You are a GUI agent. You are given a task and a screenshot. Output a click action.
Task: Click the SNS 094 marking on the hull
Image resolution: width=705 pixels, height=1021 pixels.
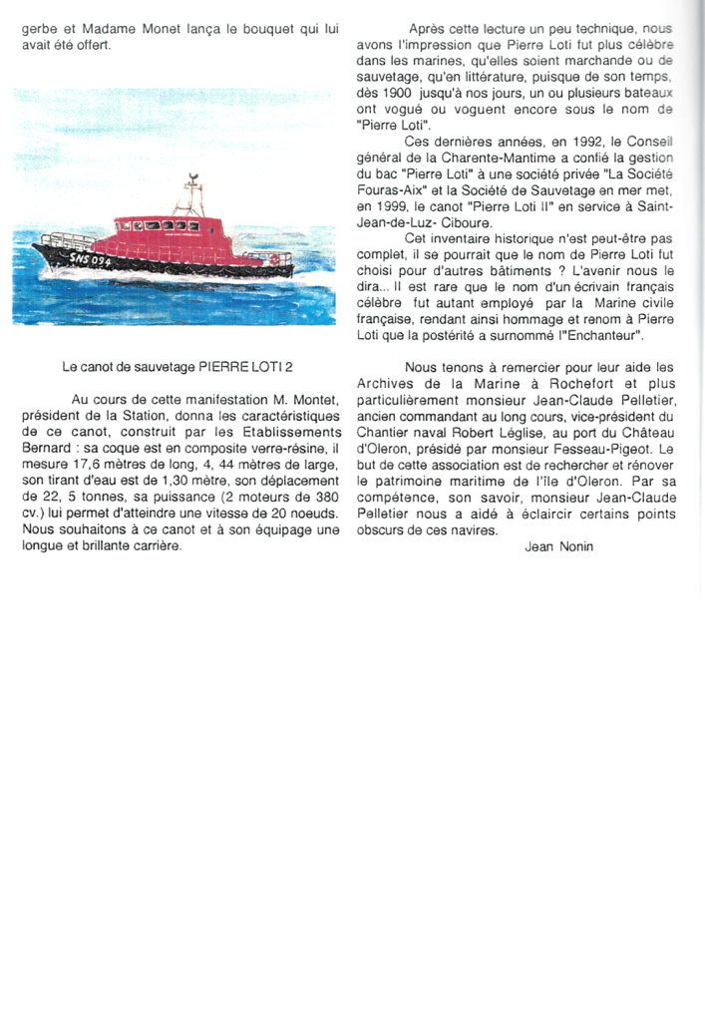[x=92, y=258]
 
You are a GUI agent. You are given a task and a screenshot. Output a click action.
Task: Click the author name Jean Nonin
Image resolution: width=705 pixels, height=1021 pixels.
[x=558, y=546]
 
